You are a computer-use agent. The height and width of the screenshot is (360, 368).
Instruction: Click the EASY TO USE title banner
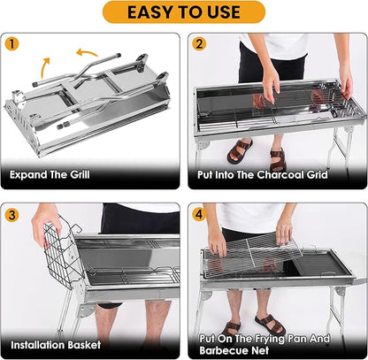(183, 11)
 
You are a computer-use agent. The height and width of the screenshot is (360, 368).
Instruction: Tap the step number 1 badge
(11, 43)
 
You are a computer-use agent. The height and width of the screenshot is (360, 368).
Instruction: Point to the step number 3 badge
(11, 213)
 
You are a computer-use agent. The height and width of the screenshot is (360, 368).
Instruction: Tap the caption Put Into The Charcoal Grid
(264, 174)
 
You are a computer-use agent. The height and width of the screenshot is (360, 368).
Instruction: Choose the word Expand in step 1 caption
(31, 174)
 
